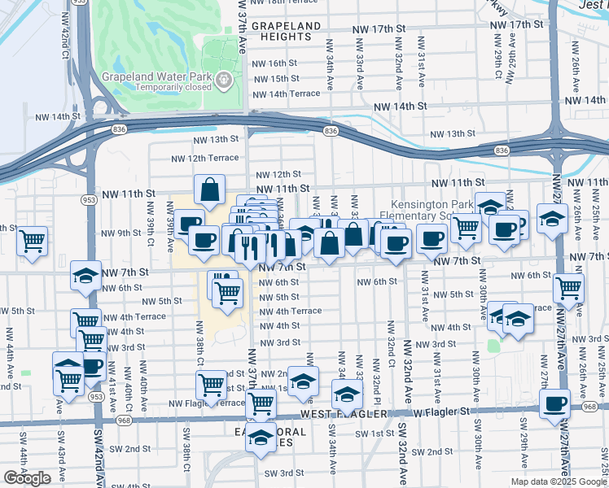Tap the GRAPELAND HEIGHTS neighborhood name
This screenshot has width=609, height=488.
286,32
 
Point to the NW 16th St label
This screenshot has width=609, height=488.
276,63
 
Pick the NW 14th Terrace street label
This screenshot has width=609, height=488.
287,94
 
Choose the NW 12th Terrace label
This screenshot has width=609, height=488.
204,158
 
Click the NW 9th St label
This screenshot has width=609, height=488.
120,233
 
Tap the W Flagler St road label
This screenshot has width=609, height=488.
442,412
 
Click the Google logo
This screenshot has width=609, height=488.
28,478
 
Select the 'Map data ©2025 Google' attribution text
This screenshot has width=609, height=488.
557,481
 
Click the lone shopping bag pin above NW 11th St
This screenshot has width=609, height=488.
209,190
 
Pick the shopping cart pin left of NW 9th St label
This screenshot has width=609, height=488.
32,240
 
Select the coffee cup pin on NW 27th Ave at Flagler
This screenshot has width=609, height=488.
555,403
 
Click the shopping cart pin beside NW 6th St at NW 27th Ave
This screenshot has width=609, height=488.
568,287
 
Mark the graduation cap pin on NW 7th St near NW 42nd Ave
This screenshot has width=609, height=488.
85,276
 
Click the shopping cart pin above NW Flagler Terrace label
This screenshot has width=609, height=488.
212,383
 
